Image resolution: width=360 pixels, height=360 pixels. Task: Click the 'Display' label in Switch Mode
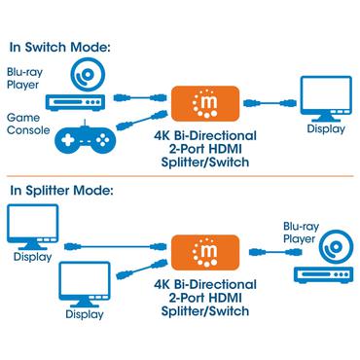coord(325,128)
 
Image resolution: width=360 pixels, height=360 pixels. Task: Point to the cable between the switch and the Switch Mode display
coord(268,102)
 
